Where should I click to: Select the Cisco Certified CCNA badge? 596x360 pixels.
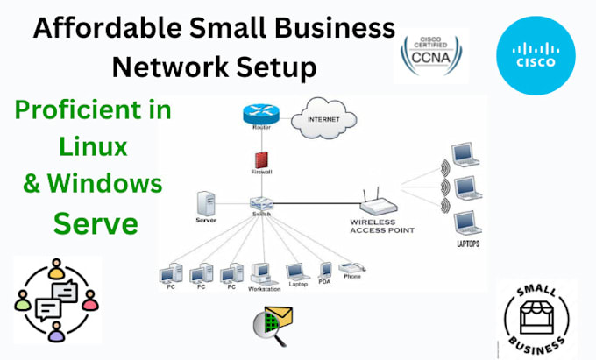pos(430,54)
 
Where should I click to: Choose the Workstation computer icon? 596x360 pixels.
pos(261,274)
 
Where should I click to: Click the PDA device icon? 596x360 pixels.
pos(324,270)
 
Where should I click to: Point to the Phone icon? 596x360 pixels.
pos(350,271)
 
